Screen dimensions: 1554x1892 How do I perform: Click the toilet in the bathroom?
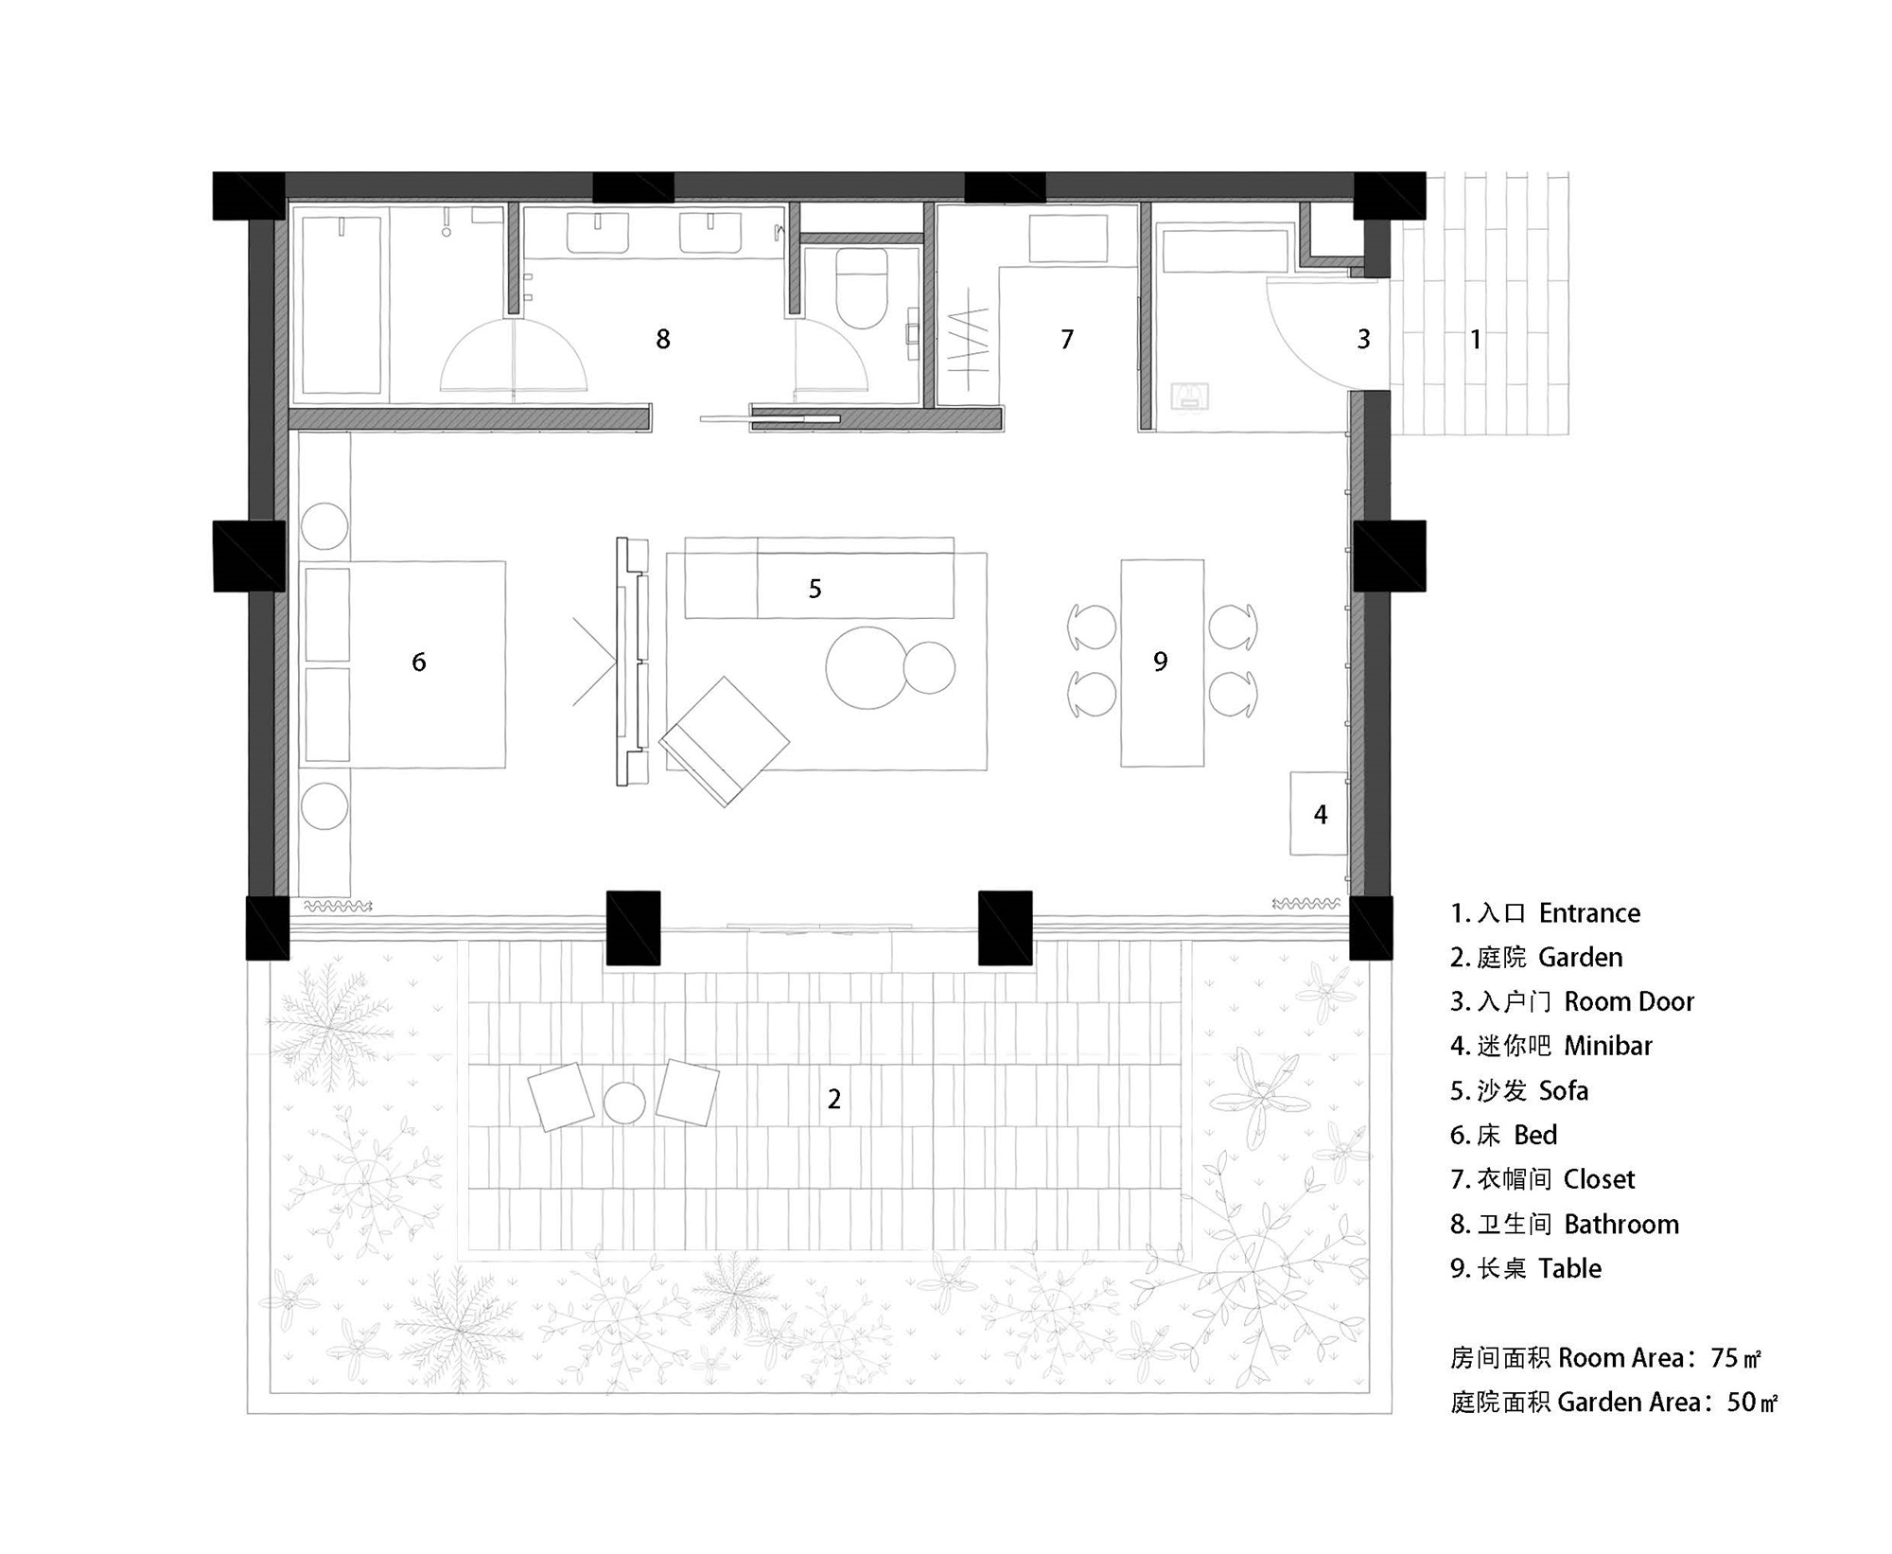coord(862,289)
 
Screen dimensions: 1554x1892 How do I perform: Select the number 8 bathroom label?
coord(663,339)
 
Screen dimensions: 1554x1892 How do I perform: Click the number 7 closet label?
coord(1067,339)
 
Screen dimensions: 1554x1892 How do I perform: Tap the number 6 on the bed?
coord(419,662)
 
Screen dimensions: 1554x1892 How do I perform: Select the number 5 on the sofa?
coord(815,589)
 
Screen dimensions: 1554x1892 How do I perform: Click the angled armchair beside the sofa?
coord(725,740)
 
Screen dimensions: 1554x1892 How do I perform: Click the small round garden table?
coord(624,1103)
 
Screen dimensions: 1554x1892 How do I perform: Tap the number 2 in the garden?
coord(834,1099)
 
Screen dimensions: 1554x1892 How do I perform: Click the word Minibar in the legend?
coord(1608,1046)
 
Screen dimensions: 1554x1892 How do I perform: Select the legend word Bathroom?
coord(1621,1224)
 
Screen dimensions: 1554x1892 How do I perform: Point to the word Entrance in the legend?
coord(1589,913)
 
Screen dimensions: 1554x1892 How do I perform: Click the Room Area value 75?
coord(1725,1358)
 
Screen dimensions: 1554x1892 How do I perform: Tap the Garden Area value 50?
coord(1741,1402)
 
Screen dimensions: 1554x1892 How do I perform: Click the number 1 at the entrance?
coord(1476,339)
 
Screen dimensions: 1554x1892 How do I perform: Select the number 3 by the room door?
coord(1363,339)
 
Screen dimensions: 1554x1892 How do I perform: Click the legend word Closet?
coord(1599,1179)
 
